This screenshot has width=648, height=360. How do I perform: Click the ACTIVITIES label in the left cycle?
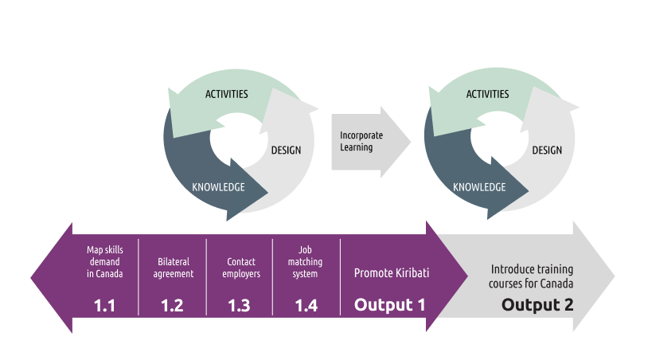227,94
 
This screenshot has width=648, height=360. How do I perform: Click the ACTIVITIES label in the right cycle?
487,94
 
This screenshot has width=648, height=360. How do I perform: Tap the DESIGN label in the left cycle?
286,150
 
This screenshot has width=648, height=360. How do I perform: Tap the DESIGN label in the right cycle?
547,150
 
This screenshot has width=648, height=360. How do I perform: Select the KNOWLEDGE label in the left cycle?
218,188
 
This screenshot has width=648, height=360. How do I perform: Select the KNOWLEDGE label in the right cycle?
479,188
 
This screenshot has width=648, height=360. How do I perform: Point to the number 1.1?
104,305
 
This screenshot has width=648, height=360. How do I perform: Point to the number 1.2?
172,305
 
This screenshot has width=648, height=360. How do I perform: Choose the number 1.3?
239,305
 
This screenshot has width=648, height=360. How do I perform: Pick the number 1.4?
306,305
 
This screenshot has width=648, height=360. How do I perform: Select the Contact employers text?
240,268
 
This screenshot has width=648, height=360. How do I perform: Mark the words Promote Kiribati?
392,273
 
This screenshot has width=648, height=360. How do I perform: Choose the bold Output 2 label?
537,305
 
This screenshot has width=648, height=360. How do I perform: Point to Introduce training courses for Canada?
532,276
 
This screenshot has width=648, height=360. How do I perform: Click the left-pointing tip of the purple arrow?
34,278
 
